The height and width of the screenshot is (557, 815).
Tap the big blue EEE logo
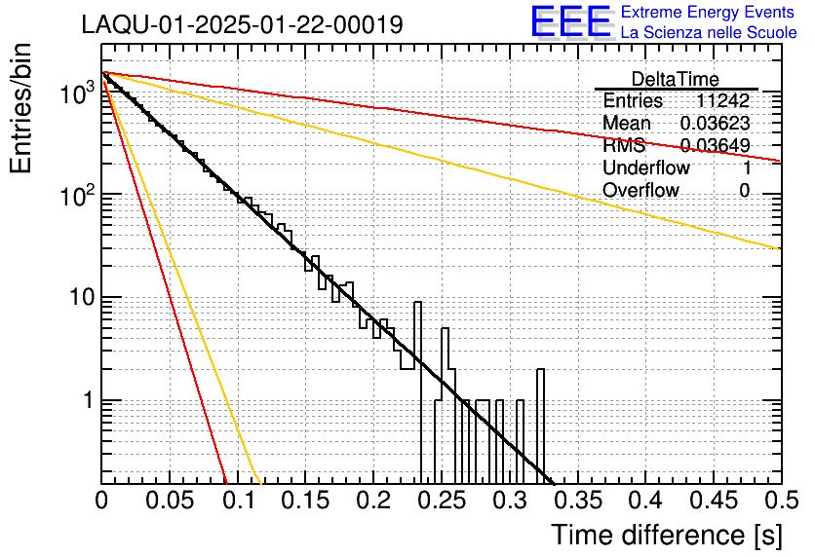(571, 23)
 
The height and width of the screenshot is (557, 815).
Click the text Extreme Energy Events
(709, 13)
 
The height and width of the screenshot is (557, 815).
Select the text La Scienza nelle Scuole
(709, 33)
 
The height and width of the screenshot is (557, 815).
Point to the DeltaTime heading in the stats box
(676, 79)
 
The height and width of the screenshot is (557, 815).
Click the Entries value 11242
(722, 101)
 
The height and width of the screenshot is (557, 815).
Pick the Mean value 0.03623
(715, 124)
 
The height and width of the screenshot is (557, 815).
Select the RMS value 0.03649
(715, 146)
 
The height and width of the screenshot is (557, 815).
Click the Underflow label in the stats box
(646, 168)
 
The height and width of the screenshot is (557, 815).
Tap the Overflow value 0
(744, 191)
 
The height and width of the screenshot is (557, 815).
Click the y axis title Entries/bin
(25, 109)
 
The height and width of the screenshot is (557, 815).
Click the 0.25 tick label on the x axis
(442, 501)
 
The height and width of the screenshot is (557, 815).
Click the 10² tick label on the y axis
(75, 195)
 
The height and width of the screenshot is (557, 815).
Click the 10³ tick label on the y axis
(75, 93)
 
